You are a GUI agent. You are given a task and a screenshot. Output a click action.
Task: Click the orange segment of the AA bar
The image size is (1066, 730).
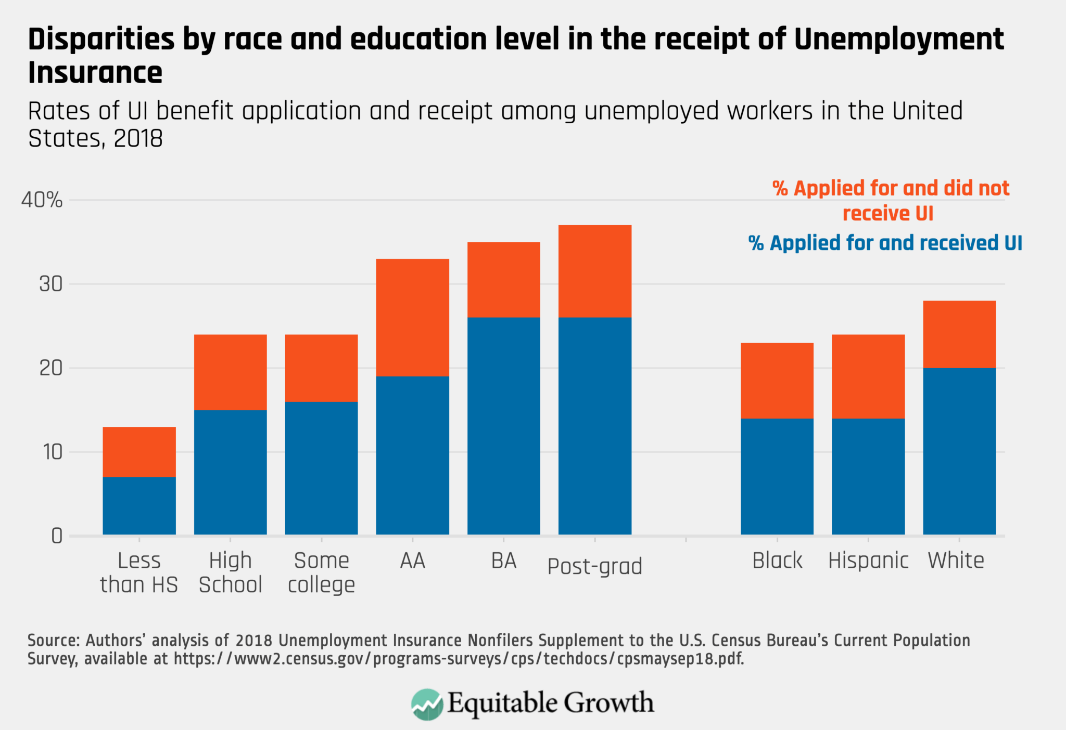click(412, 317)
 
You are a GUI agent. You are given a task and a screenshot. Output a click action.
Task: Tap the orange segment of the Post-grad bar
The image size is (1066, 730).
click(594, 271)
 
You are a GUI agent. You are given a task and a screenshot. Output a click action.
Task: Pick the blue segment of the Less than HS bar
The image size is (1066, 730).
click(139, 505)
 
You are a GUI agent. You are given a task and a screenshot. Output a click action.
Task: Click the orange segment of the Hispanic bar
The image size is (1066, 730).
click(868, 376)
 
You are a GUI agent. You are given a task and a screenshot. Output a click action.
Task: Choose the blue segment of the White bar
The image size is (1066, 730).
click(959, 451)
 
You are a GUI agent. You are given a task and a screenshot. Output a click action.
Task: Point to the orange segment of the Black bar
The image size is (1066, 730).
click(777, 380)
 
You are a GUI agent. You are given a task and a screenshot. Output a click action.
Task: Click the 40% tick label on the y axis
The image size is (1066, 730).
click(42, 200)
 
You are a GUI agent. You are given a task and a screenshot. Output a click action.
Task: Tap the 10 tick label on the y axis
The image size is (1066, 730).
click(52, 452)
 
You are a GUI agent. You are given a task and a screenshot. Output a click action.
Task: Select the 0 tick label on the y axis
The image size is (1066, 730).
click(56, 536)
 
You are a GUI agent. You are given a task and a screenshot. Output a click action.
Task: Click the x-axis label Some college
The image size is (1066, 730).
click(321, 572)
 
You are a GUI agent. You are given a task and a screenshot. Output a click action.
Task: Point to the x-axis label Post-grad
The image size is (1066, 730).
click(594, 566)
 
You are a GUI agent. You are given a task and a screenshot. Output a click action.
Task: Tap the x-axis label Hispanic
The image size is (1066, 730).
click(868, 560)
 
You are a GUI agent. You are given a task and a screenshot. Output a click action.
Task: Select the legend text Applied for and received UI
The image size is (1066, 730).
click(885, 243)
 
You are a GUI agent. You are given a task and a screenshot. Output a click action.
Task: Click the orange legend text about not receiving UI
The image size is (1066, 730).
click(890, 201)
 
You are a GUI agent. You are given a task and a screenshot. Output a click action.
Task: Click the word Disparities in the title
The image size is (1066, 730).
click(101, 40)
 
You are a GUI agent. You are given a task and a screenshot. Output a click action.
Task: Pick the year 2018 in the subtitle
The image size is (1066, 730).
click(138, 138)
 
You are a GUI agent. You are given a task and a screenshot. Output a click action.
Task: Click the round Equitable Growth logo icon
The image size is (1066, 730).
click(427, 705)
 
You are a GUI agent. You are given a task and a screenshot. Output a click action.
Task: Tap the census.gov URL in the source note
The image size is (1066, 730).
click(458, 659)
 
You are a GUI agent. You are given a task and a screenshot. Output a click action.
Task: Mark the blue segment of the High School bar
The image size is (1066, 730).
click(230, 472)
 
